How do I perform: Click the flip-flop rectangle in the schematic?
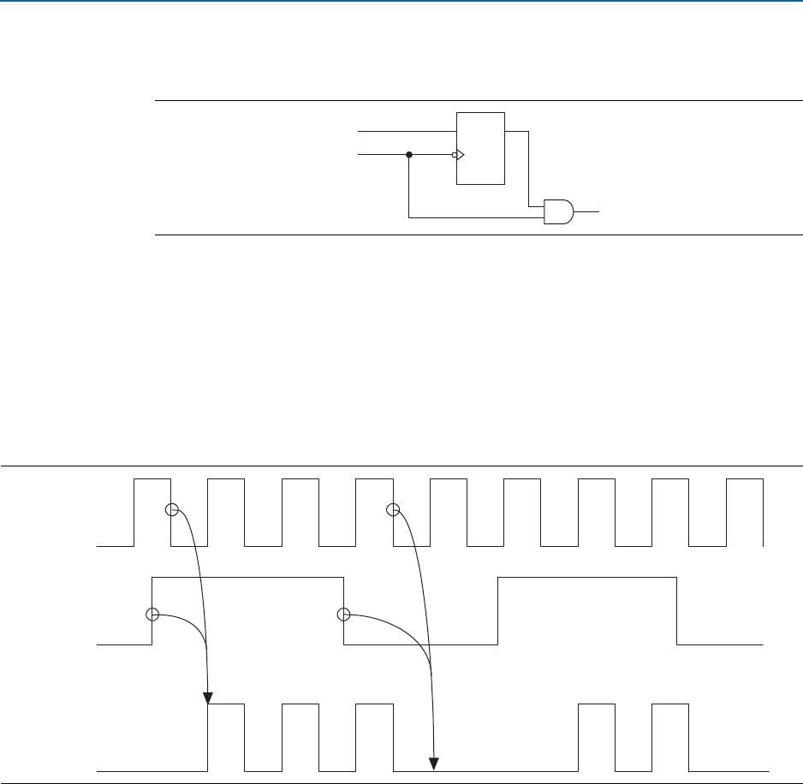pyautogui.click(x=481, y=147)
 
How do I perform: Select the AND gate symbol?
pyautogui.click(x=559, y=211)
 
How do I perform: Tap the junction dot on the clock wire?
pyautogui.click(x=409, y=155)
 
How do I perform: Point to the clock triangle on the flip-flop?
pyautogui.click(x=460, y=155)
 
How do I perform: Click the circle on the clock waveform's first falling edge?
pyautogui.click(x=171, y=510)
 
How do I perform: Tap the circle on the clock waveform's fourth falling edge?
pyautogui.click(x=394, y=510)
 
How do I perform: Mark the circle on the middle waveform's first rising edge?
pyautogui.click(x=152, y=614)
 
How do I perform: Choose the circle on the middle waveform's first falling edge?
pyautogui.click(x=343, y=614)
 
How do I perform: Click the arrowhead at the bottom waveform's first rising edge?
pyautogui.click(x=209, y=696)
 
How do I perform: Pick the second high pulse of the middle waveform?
pyautogui.click(x=587, y=609)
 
